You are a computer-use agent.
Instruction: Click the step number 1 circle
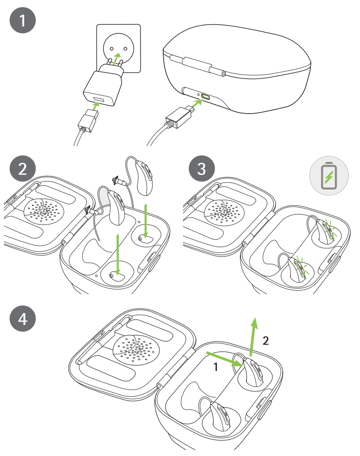point(22,22)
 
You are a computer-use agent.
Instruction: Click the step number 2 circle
point(22,168)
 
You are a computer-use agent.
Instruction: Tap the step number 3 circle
point(201,168)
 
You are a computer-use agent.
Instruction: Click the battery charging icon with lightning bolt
point(329,177)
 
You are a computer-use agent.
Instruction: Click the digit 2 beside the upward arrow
point(266,341)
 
